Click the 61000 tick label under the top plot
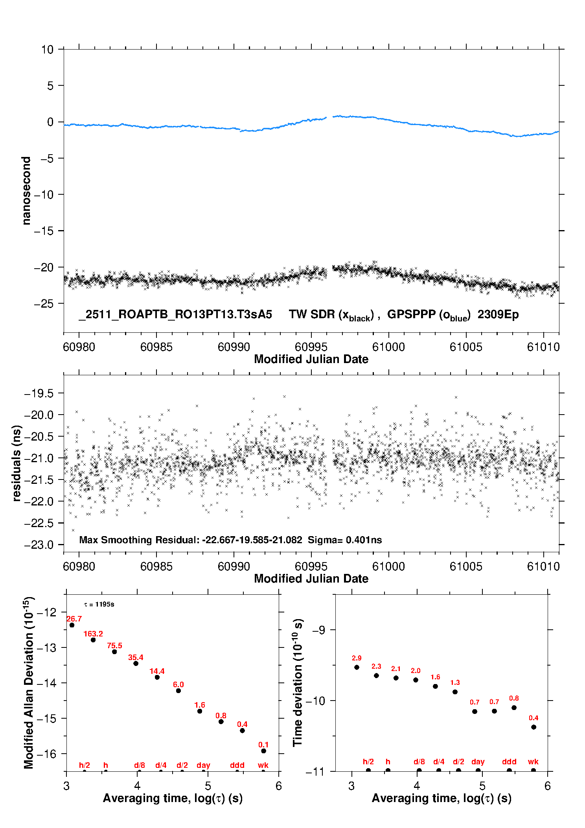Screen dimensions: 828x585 point(388,347)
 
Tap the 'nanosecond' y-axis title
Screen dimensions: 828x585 point(26,191)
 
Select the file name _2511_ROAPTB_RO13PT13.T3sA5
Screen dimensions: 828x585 point(175,315)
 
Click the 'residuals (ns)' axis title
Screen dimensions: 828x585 point(17,463)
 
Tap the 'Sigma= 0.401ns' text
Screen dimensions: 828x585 point(345,540)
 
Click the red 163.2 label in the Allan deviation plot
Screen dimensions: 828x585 point(93,634)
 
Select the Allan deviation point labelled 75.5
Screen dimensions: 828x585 point(114,652)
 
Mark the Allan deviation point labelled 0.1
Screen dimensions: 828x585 point(263,751)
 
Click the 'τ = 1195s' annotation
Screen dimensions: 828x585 point(99,605)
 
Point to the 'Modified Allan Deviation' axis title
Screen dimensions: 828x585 point(29,682)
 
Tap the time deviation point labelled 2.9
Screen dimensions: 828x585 point(357,667)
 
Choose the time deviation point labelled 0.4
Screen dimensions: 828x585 point(533,727)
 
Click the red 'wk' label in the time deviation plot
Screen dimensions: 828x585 point(533,762)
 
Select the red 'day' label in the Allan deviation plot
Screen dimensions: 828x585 point(203,765)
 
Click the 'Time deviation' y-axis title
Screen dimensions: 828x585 point(298,683)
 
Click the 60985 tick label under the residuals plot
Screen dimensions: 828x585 point(156,566)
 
